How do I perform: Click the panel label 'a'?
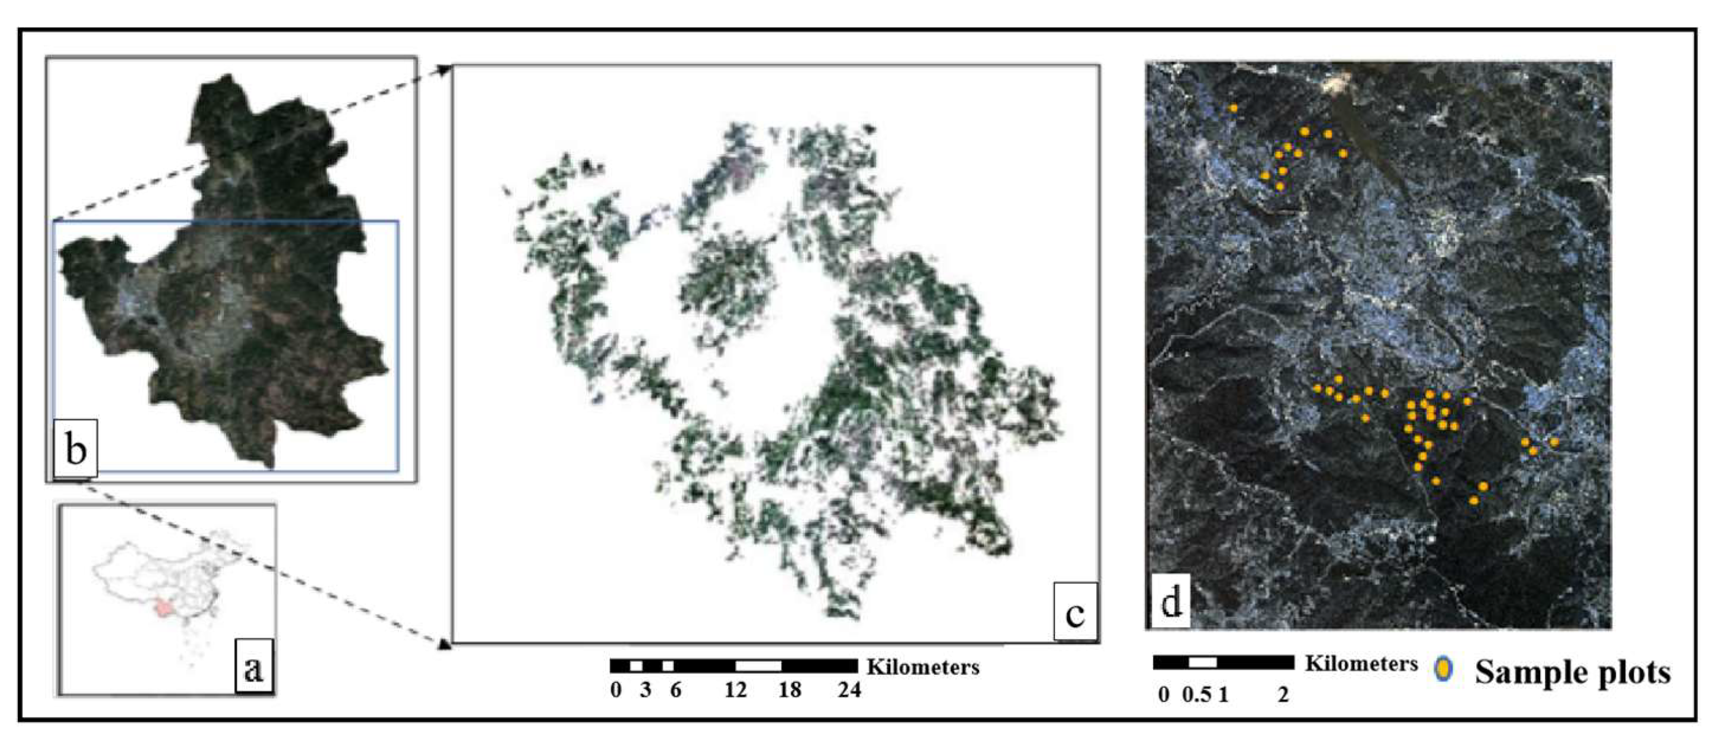click(253, 667)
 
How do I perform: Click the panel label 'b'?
click(76, 449)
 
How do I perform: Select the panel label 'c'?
click(1075, 613)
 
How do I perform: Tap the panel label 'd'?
click(1170, 603)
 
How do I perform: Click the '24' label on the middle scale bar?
click(849, 690)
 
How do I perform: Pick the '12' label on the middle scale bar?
click(736, 690)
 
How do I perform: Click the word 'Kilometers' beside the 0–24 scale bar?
click(923, 667)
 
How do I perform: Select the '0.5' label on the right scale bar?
click(1196, 694)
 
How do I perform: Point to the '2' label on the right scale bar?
click(1283, 694)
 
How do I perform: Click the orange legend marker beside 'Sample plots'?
click(1444, 670)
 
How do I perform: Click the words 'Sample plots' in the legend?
click(1572, 672)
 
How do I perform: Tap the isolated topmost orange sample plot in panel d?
click(1233, 108)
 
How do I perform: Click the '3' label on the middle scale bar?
click(645, 690)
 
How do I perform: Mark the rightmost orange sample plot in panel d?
click(1554, 442)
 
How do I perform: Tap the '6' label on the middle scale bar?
click(675, 690)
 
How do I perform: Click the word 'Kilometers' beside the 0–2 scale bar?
click(1361, 664)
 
